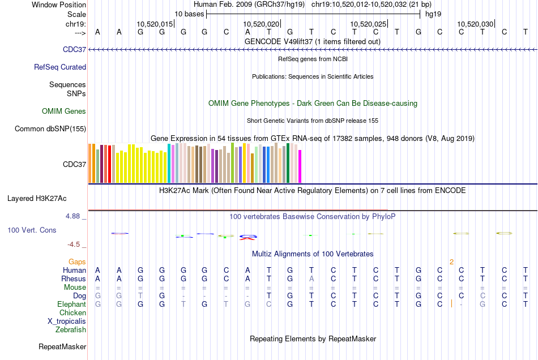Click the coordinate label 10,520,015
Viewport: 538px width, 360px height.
155,24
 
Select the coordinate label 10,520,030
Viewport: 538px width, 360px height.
475,24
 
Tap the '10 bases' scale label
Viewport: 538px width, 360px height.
189,14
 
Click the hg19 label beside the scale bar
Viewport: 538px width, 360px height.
433,14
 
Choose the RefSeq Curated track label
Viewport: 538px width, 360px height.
60,67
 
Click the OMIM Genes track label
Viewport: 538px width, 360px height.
64,112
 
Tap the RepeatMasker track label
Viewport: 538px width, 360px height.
62,346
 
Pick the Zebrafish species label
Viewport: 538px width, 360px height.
71,329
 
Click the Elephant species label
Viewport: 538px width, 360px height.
71,304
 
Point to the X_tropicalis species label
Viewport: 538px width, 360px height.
67,321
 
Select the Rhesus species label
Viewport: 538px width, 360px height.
74,278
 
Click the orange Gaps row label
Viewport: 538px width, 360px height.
77,262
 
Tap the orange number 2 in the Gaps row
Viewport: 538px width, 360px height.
451,262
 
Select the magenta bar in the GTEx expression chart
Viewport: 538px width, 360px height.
300,166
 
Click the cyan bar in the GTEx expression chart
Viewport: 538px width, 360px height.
169,163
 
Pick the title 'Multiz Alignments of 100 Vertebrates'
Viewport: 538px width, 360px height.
313,254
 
